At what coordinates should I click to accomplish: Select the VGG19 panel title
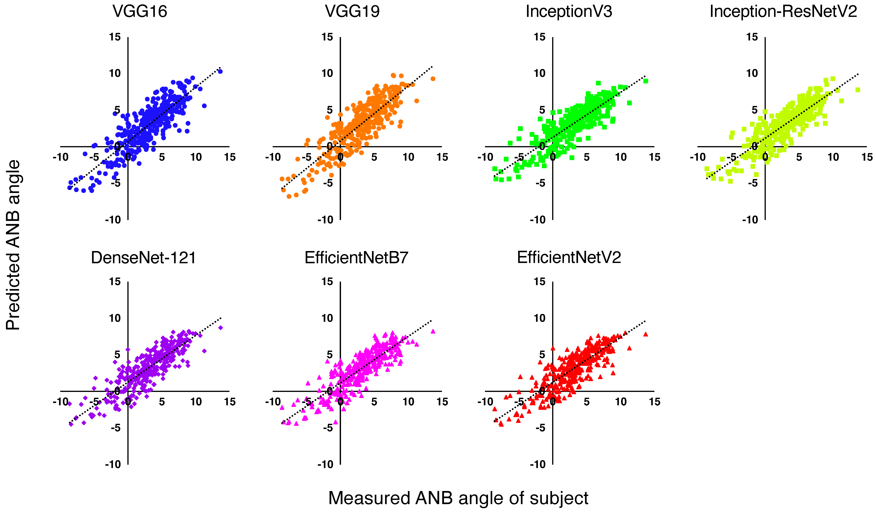coord(352,11)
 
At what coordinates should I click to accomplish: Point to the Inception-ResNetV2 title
coord(783,11)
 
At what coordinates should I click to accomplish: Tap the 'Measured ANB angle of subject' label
coord(458,498)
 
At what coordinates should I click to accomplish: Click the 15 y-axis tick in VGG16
coord(115,37)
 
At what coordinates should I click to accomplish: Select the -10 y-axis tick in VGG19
coord(325,220)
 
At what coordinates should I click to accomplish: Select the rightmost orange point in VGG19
coord(433,79)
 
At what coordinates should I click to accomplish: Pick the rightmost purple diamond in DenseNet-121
coord(220,328)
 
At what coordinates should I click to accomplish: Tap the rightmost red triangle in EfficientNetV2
coord(646,334)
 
